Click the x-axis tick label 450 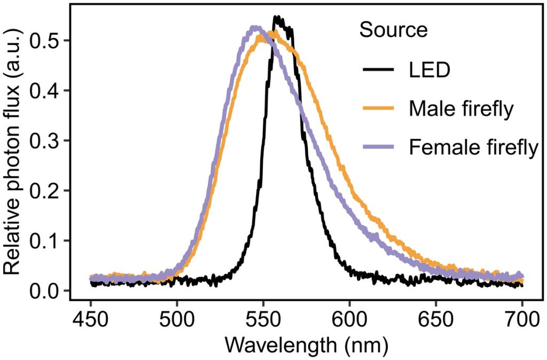[x=90, y=322]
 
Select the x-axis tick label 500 [x=177, y=322]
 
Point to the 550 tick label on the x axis [x=263, y=322]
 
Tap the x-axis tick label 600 [x=349, y=322]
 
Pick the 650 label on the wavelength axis [x=436, y=322]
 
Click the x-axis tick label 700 [x=522, y=322]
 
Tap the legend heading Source [x=393, y=30]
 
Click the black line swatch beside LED [x=379, y=69]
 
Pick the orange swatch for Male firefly [x=379, y=108]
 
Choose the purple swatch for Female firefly [x=379, y=147]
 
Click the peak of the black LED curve [x=277, y=18]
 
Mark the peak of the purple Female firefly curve [x=255, y=27]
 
